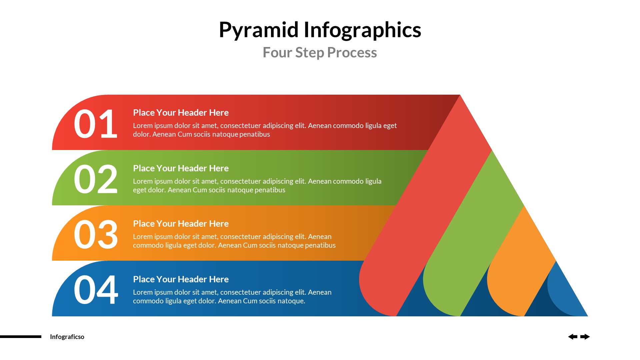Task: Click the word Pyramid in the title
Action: click(258, 30)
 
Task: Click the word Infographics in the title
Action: click(362, 30)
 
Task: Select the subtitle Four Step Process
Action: click(320, 53)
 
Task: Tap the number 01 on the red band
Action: click(95, 124)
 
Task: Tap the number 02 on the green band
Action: click(95, 179)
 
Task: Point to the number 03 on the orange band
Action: click(95, 235)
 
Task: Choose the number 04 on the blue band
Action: click(95, 290)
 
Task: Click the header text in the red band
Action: click(181, 113)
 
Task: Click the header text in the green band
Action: click(181, 168)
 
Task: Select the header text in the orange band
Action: click(181, 224)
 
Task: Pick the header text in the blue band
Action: click(181, 279)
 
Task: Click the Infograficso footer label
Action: click(67, 337)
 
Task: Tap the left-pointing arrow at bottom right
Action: click(573, 337)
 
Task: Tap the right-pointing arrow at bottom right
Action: click(585, 337)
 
